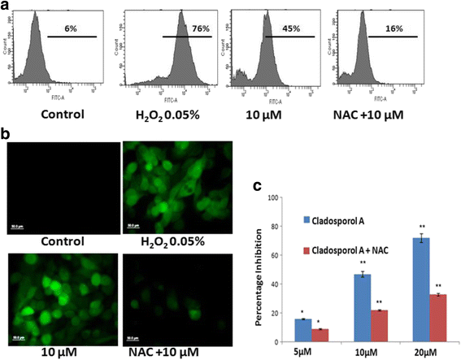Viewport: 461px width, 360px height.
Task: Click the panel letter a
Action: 7,7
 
